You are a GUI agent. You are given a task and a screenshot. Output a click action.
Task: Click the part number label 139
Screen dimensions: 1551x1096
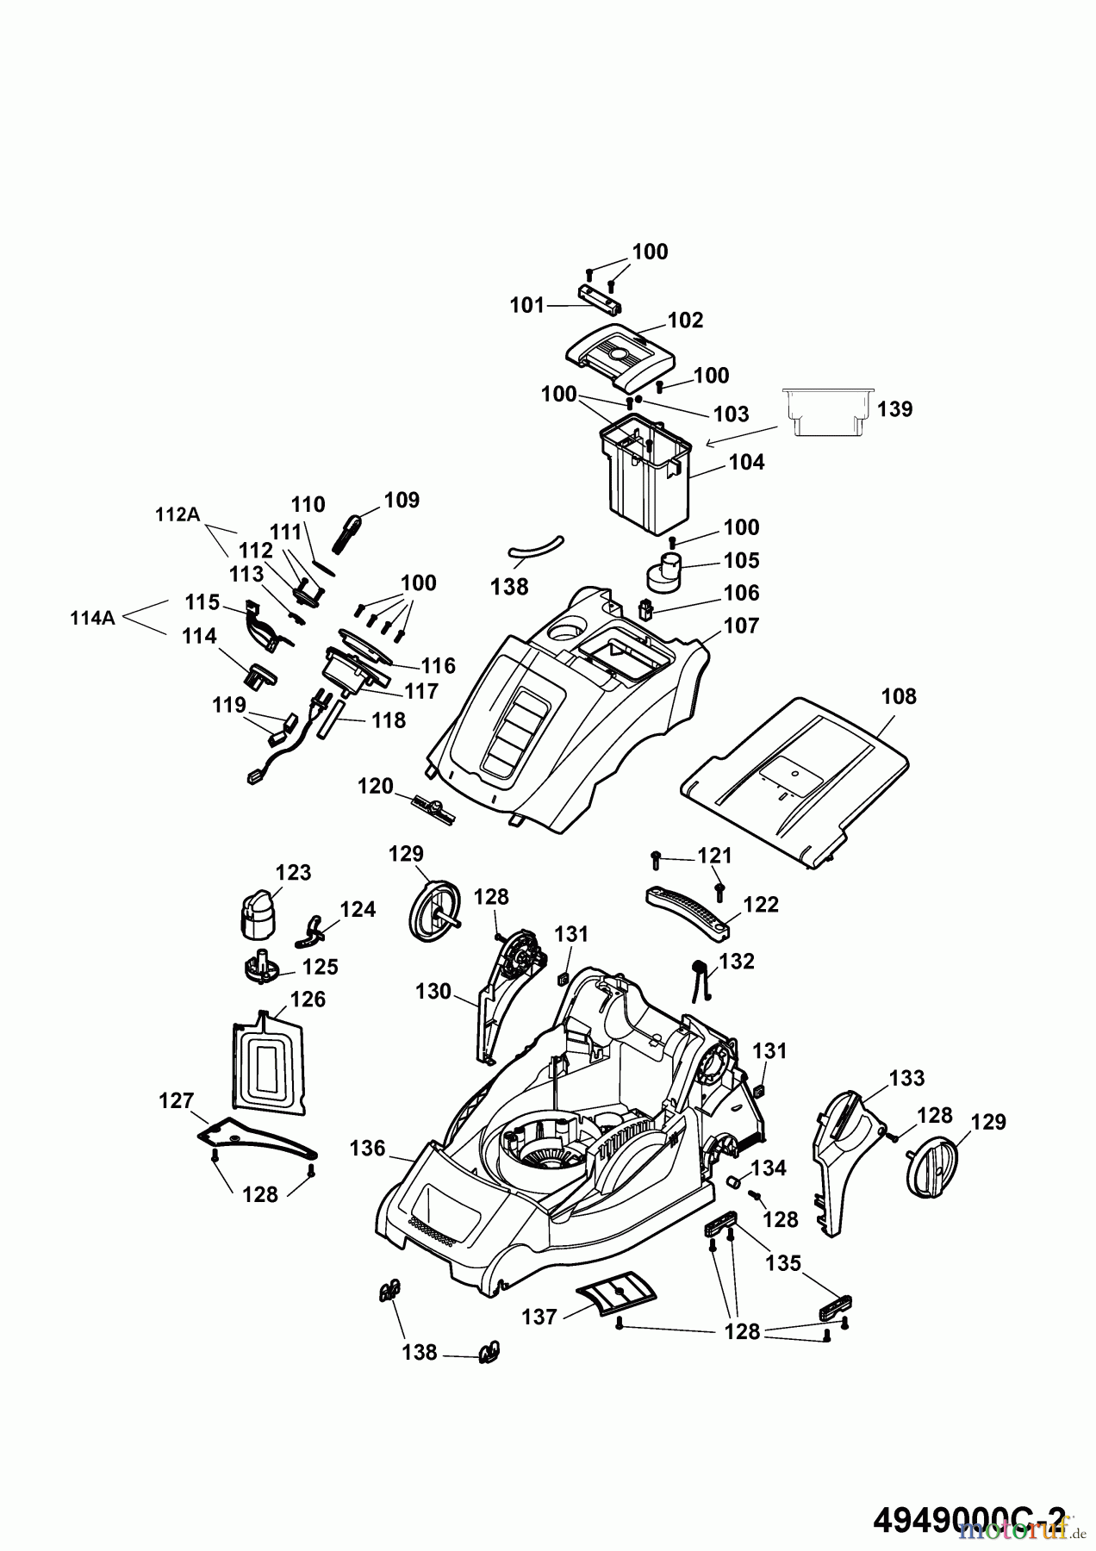click(x=895, y=408)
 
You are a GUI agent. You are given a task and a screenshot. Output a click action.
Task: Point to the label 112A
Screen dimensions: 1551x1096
click(x=177, y=514)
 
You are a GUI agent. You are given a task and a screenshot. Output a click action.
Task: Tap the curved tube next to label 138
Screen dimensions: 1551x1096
click(x=534, y=547)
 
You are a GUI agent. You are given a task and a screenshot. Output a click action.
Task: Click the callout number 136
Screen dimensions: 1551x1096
click(x=368, y=1149)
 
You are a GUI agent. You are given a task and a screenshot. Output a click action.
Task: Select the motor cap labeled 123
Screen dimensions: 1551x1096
click(x=256, y=913)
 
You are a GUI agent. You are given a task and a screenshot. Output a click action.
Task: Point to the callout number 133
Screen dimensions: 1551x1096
click(x=906, y=1078)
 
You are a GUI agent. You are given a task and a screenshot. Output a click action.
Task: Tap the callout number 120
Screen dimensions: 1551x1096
click(x=375, y=786)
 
